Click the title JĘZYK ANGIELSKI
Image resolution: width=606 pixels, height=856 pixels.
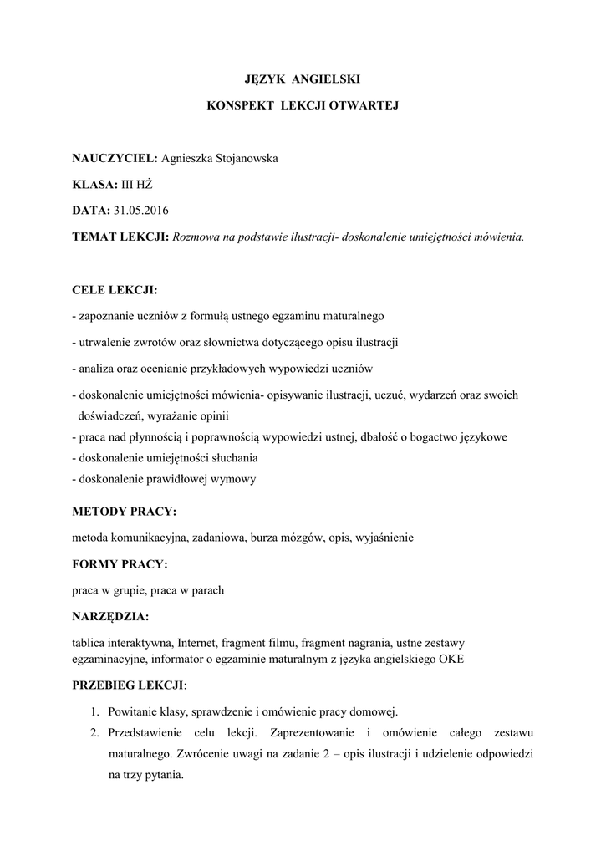click(x=303, y=79)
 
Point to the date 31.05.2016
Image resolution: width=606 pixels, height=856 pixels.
click(x=140, y=210)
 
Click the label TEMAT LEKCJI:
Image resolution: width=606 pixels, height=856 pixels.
click(x=121, y=237)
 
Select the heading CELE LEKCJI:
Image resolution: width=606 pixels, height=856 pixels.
click(x=115, y=290)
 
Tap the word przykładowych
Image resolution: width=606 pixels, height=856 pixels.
click(x=261, y=368)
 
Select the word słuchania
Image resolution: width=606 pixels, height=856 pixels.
click(x=234, y=458)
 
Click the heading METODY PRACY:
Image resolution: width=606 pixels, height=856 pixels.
click(x=125, y=511)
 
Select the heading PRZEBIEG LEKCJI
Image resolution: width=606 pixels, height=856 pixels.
click(x=128, y=685)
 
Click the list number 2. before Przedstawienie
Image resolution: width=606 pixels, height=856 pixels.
click(x=94, y=732)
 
